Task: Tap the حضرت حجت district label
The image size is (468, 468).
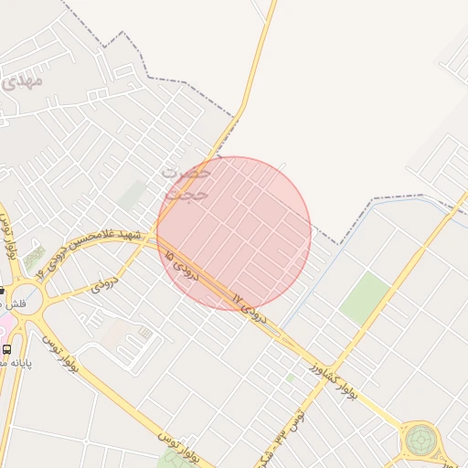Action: (x=187, y=183)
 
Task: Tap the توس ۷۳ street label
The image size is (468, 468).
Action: (x=292, y=420)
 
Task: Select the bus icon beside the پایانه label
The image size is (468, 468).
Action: (x=7, y=349)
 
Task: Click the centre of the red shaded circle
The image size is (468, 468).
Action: (x=234, y=234)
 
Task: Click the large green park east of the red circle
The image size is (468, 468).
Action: (x=365, y=298)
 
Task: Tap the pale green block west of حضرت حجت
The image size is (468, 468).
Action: (x=133, y=195)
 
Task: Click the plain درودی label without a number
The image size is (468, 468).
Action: (x=106, y=285)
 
